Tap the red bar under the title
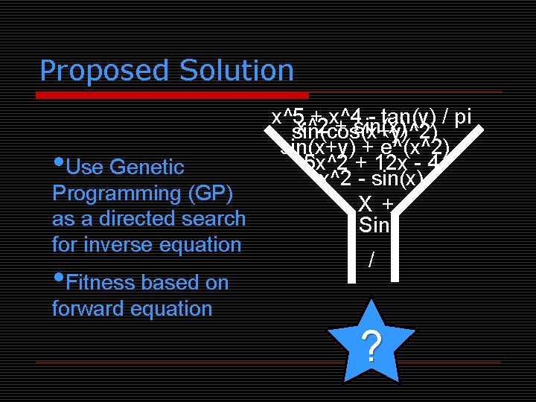tap(173, 95)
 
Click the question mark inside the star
tap(371, 346)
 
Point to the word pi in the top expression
tap(462, 117)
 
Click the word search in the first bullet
tap(213, 219)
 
